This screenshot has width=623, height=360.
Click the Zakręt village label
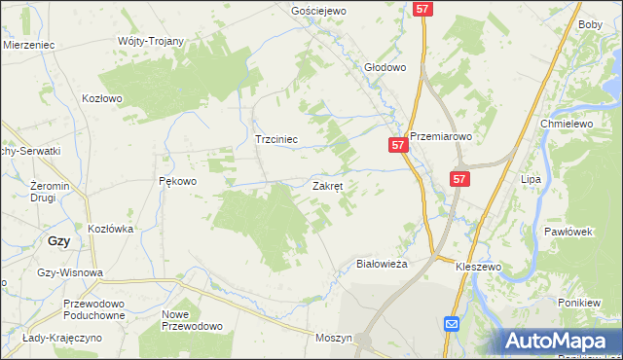tap(326, 185)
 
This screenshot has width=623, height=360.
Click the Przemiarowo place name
tap(440, 137)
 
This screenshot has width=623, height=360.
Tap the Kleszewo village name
tap(477, 265)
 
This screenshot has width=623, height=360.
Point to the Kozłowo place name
tap(102, 98)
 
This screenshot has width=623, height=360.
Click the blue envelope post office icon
tap(452, 324)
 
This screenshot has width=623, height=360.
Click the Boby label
tap(590, 25)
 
